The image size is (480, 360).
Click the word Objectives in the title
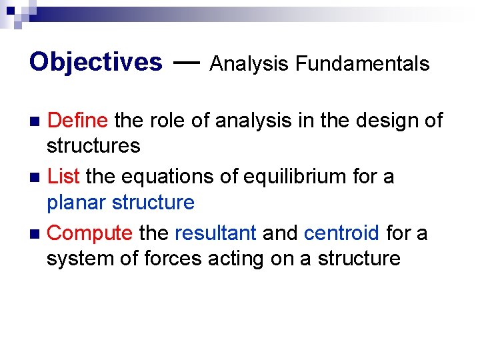click(x=95, y=63)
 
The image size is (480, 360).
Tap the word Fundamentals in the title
click(x=363, y=64)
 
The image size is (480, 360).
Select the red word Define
click(x=78, y=121)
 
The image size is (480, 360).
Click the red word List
click(x=65, y=177)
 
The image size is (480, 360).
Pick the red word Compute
click(x=90, y=233)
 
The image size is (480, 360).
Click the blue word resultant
click(x=215, y=233)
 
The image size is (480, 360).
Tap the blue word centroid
click(x=341, y=233)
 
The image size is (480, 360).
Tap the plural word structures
click(x=93, y=145)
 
